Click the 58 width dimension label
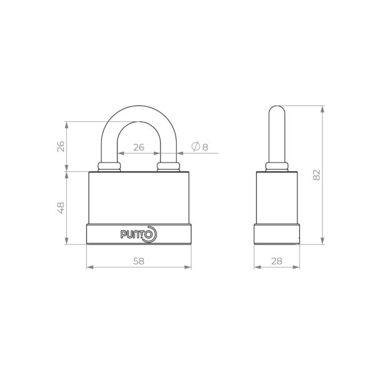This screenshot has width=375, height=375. point(139,261)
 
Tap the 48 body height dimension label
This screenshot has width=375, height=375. point(61,208)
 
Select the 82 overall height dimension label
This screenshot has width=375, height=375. point(316,175)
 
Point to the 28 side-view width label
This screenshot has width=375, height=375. point(277,261)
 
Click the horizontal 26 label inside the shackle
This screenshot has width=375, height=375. point(139,147)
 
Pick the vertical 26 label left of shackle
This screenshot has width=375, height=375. point(61,147)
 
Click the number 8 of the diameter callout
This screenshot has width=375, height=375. point(205,147)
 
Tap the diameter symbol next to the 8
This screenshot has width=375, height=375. point(196,147)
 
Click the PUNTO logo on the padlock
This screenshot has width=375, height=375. point(139,234)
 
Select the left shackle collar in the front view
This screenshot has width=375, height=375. point(109,167)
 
